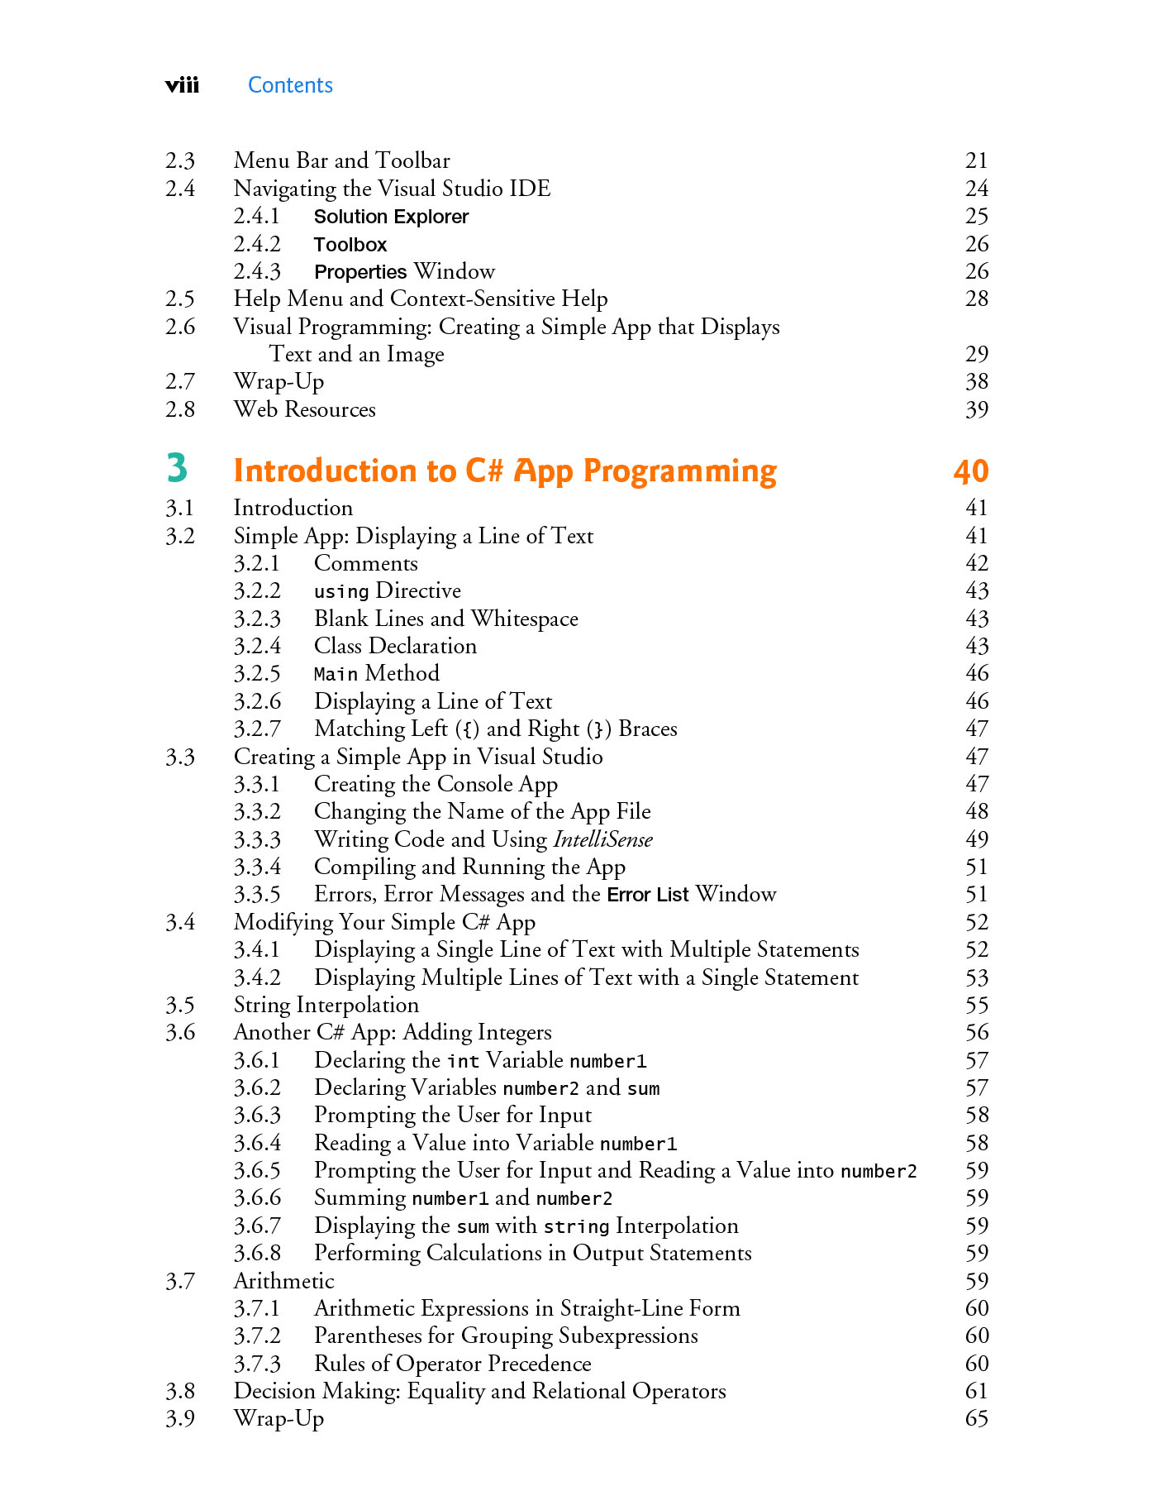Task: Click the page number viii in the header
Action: [x=182, y=85]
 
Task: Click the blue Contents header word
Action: [x=290, y=85]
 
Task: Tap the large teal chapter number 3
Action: [x=177, y=468]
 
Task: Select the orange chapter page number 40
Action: [x=970, y=471]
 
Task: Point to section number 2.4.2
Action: [x=257, y=244]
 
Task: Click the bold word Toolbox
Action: [x=350, y=245]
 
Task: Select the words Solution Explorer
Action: [x=391, y=217]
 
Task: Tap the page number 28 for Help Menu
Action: [x=976, y=299]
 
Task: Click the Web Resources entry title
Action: [x=304, y=409]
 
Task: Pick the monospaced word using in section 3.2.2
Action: [x=340, y=592]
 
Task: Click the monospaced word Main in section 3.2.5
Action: [x=336, y=675]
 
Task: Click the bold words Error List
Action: [x=647, y=895]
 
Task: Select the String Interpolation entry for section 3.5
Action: [x=326, y=1005]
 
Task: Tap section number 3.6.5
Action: [x=257, y=1170]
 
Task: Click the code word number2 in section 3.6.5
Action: [x=878, y=1172]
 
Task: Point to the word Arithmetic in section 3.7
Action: [x=283, y=1281]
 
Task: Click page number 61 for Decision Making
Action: [x=976, y=1391]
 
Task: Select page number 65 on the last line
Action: [x=976, y=1418]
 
